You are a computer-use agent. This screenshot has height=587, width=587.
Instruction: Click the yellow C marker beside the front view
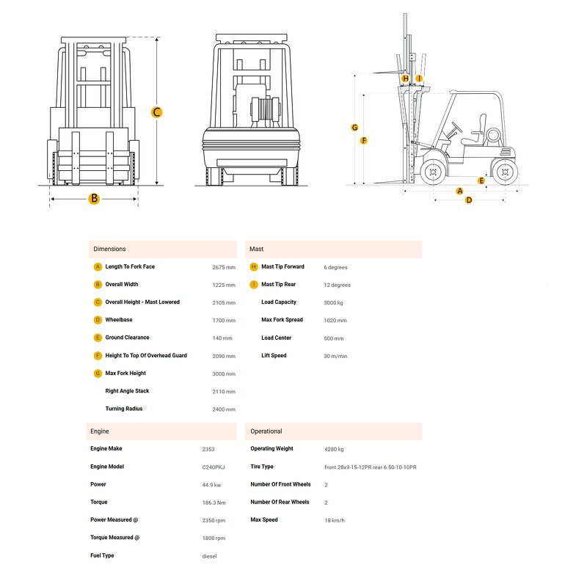(x=156, y=112)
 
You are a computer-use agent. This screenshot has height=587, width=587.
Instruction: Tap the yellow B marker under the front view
(x=94, y=198)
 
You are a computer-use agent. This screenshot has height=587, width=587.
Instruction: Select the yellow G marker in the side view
(x=355, y=127)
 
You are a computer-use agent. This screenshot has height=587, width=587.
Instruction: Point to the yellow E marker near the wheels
(x=481, y=181)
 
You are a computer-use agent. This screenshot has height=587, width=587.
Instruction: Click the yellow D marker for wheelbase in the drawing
(x=469, y=200)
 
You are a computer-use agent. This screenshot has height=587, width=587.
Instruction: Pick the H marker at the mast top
(x=405, y=79)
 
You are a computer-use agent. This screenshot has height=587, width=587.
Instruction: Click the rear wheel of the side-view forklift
(x=504, y=172)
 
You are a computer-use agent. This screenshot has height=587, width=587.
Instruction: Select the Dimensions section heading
(x=109, y=249)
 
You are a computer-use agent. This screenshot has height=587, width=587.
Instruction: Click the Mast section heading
(x=256, y=249)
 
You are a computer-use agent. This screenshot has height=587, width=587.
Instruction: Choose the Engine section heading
(x=99, y=431)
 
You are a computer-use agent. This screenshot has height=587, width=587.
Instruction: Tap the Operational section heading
(x=266, y=431)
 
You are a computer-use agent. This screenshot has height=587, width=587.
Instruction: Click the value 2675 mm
(x=224, y=267)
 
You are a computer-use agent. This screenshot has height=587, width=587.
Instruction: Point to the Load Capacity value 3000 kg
(x=334, y=302)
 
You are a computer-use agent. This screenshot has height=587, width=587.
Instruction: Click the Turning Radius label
(x=124, y=409)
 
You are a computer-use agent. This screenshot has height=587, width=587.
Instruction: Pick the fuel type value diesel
(x=209, y=556)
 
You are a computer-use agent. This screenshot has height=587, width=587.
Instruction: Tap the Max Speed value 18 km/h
(x=335, y=520)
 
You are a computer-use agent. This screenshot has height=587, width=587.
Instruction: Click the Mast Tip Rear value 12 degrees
(x=337, y=285)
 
